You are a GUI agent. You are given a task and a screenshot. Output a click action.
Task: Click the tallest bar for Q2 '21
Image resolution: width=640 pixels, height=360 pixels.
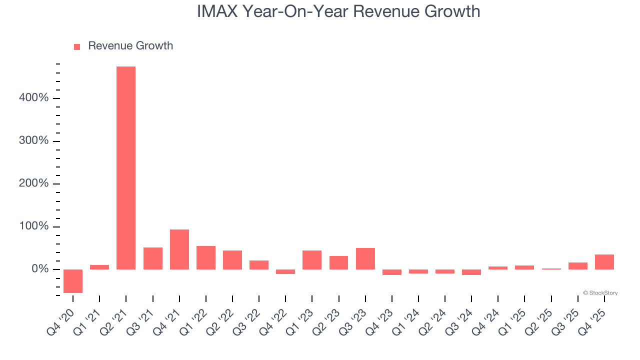pyautogui.click(x=126, y=168)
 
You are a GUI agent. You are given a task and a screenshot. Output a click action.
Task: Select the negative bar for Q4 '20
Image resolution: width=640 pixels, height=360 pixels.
pyautogui.click(x=73, y=281)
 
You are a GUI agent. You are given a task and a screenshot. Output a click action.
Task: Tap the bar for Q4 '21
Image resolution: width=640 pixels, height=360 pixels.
pyautogui.click(x=179, y=249)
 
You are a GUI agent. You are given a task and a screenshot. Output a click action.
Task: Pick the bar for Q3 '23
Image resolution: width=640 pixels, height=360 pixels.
pyautogui.click(x=365, y=258)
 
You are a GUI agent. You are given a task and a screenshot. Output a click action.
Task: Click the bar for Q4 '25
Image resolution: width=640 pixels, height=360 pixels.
pyautogui.click(x=604, y=262)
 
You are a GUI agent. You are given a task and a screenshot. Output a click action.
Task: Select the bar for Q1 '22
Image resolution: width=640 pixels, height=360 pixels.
pyautogui.click(x=206, y=257)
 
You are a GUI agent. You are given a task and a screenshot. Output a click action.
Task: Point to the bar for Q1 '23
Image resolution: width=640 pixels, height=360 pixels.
pyautogui.click(x=312, y=260)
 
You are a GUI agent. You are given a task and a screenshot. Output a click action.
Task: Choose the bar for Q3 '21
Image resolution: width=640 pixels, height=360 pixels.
pyautogui.click(x=153, y=258)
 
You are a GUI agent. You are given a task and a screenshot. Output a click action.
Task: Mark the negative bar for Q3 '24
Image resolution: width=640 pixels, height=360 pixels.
pyautogui.click(x=471, y=272)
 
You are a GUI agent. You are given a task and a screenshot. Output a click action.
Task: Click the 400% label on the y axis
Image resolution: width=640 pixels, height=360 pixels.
pyautogui.click(x=34, y=98)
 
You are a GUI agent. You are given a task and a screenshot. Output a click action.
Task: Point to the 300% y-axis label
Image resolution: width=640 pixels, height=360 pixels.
pyautogui.click(x=34, y=141)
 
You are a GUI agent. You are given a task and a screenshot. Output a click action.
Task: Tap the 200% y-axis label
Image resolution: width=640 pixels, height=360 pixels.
pyautogui.click(x=34, y=183)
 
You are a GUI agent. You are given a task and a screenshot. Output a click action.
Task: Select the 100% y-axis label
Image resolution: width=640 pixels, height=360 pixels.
pyautogui.click(x=34, y=226)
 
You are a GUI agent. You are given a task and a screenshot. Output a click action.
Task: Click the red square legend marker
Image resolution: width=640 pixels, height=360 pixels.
pyautogui.click(x=77, y=47)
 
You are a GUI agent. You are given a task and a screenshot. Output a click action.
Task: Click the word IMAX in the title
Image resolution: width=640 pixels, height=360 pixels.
pyautogui.click(x=217, y=11)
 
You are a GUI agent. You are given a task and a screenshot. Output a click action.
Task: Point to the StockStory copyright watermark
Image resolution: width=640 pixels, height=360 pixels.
pyautogui.click(x=600, y=293)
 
